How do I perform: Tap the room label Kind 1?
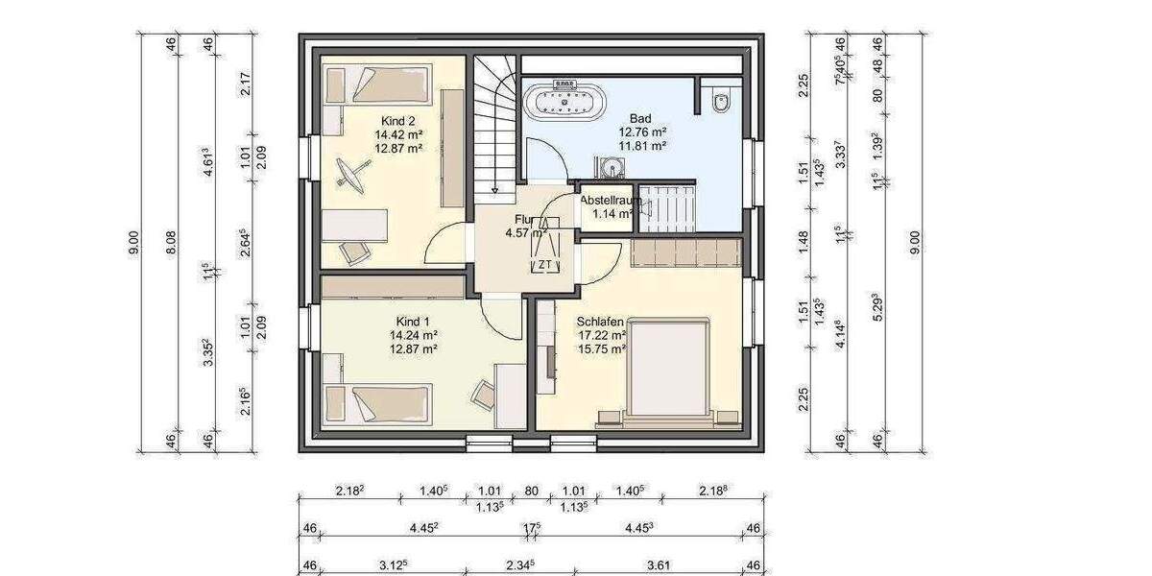[x=413, y=321]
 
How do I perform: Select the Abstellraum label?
[x=610, y=200]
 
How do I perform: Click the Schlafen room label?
[x=601, y=322]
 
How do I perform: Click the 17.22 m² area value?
[x=602, y=336]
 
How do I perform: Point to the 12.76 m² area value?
[x=642, y=132]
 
